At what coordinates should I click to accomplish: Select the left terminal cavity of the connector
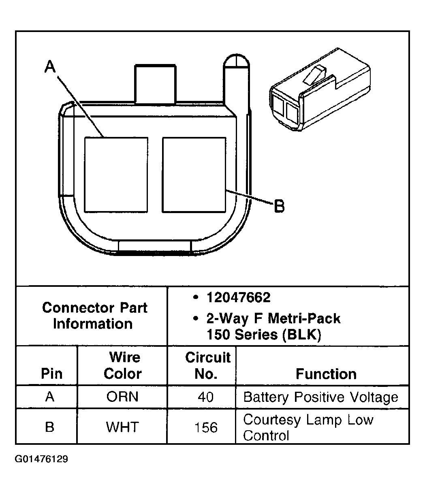(116, 175)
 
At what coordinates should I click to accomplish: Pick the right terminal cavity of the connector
(194, 175)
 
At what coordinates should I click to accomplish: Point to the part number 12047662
(238, 298)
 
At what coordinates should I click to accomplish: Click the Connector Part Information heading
(94, 316)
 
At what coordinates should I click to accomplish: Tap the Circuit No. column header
(207, 365)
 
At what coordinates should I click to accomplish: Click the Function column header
(326, 373)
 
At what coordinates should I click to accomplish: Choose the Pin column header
(52, 373)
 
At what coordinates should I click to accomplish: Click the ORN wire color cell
(122, 397)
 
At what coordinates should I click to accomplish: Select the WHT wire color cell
(122, 427)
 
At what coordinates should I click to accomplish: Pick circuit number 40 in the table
(206, 397)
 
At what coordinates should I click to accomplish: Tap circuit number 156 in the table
(206, 427)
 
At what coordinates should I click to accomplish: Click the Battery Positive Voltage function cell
(320, 397)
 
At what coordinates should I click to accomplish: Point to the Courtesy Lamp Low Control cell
(308, 427)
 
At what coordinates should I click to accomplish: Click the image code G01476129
(42, 459)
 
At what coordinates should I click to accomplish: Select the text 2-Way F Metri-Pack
(273, 319)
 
